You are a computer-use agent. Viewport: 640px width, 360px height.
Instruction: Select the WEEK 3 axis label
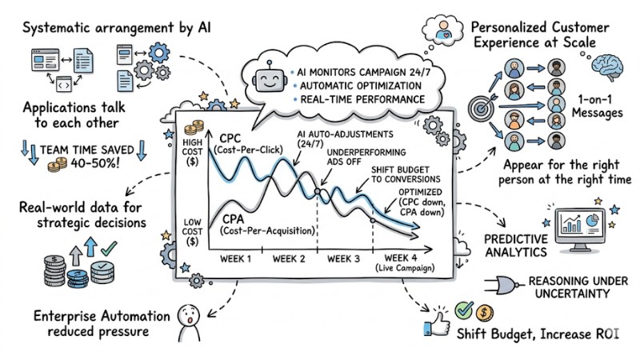click(344, 258)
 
